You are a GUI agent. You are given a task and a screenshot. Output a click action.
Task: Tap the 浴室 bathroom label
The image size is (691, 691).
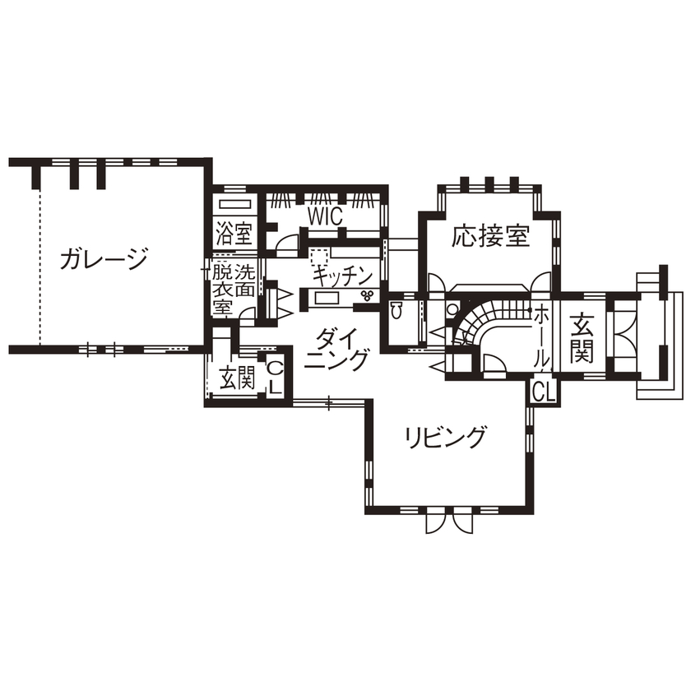234,234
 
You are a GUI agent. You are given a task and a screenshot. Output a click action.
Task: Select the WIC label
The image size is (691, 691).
324,216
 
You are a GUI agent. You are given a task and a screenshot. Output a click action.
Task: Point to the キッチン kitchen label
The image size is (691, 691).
344,274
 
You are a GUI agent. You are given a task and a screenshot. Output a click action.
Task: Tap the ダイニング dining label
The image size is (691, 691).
341,349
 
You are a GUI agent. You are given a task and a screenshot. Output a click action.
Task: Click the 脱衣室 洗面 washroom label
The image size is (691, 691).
233,288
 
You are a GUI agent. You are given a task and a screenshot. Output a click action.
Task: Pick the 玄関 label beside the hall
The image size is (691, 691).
581,336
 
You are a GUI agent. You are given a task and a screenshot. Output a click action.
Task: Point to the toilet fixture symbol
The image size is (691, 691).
397,310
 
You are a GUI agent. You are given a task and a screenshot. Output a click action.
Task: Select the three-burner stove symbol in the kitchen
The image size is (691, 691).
367,296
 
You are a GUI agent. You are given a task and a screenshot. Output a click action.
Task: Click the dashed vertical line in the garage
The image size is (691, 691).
39,263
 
